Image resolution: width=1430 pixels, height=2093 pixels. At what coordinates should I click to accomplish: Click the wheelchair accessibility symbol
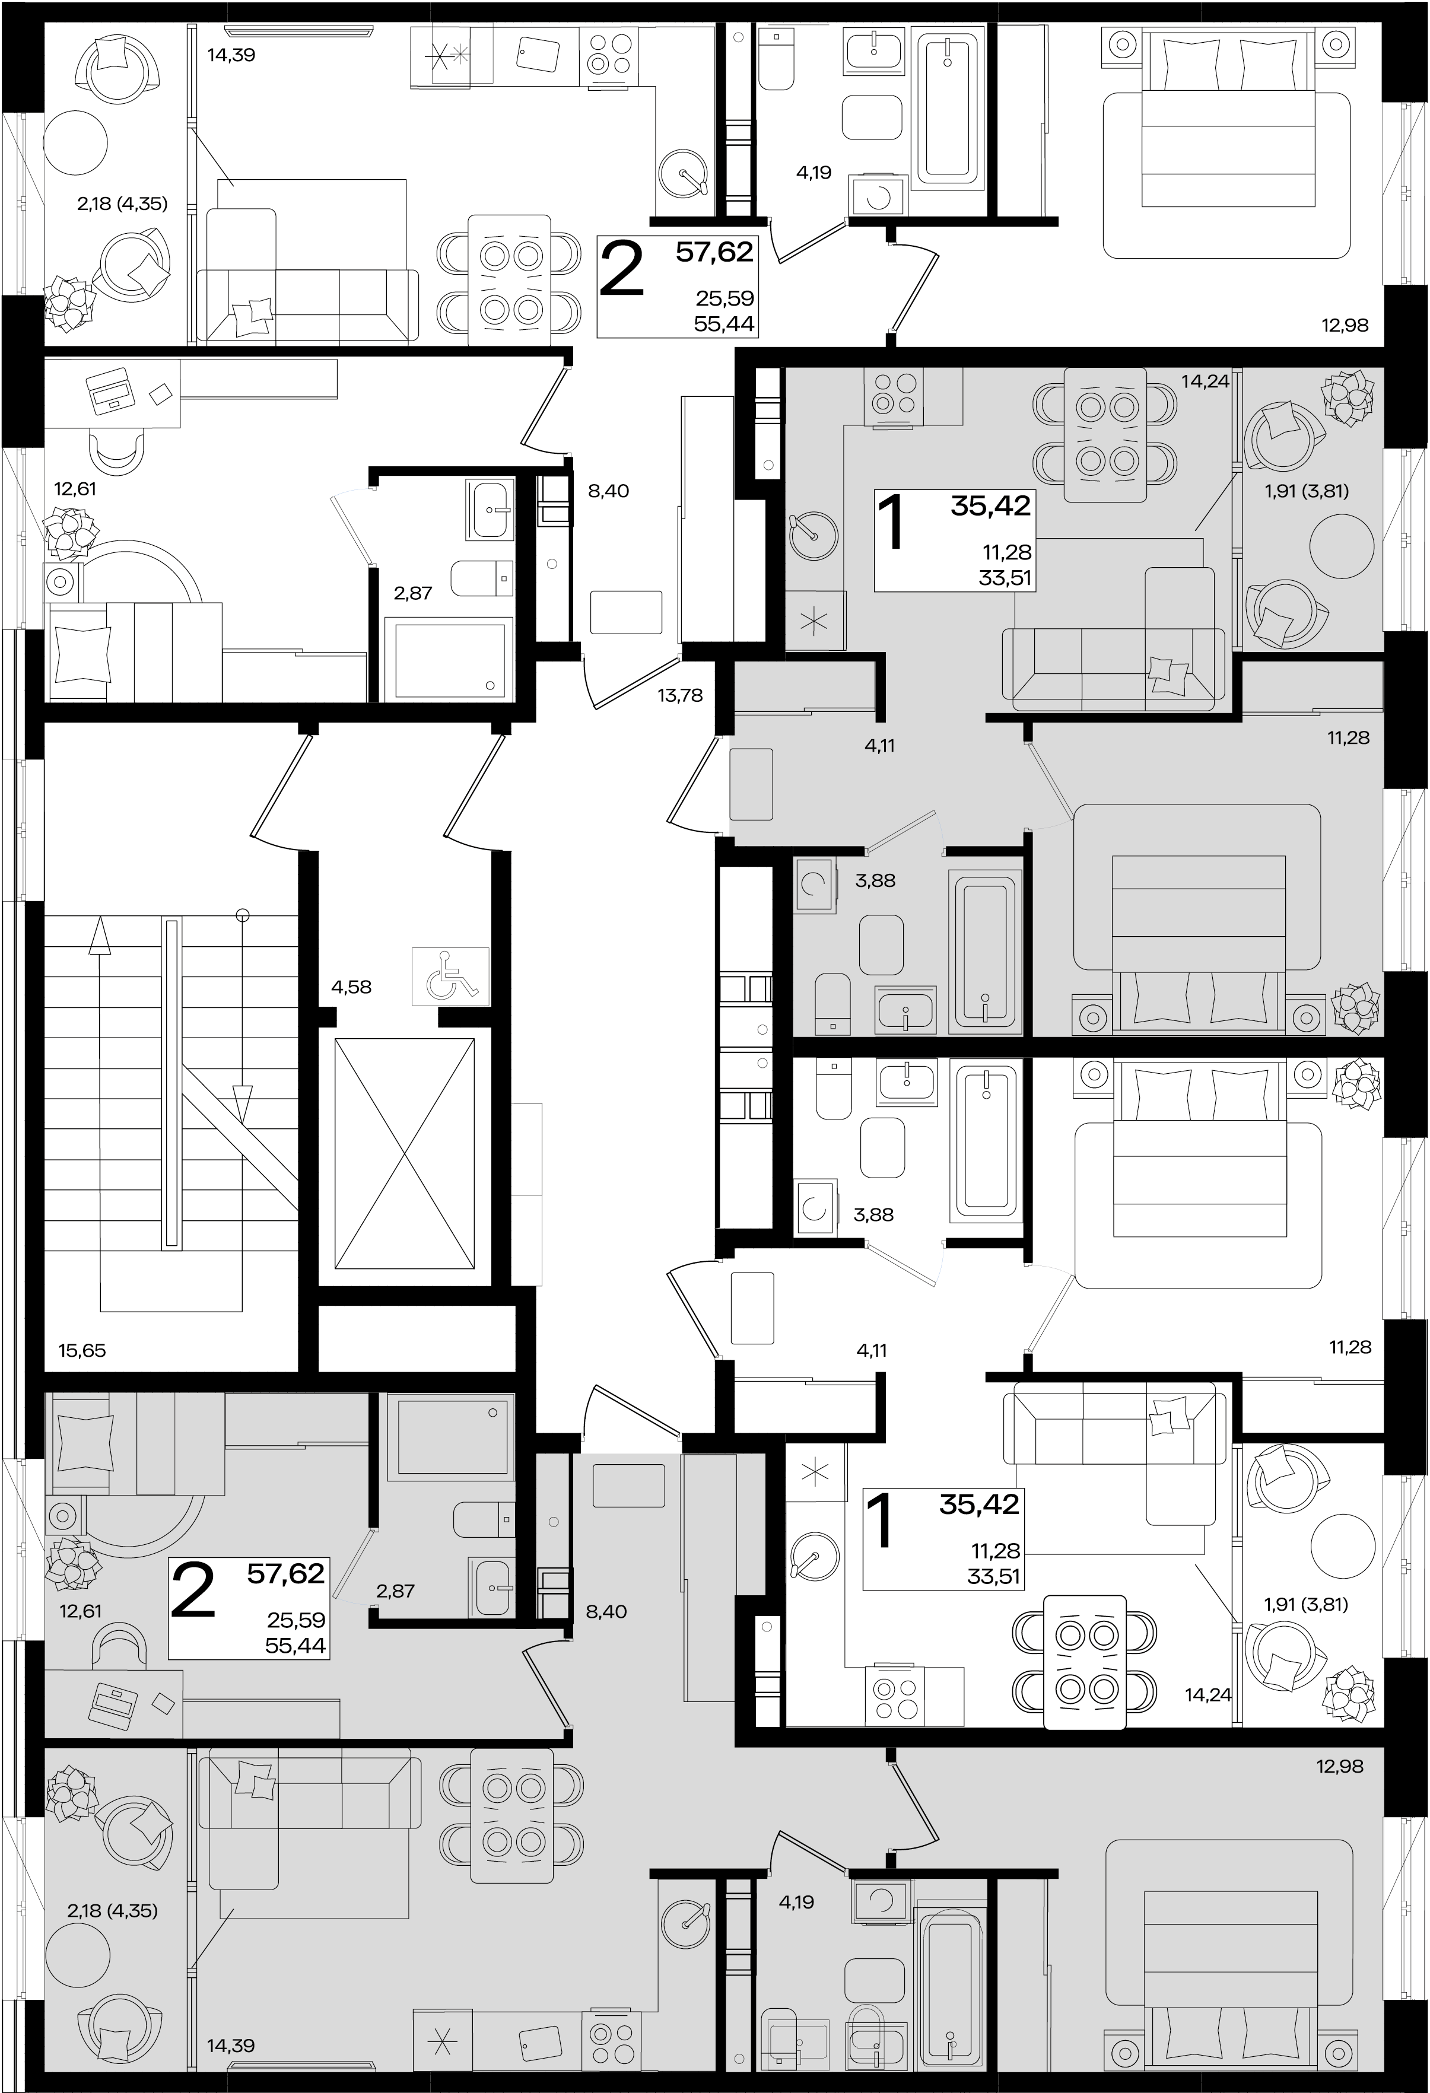tap(450, 975)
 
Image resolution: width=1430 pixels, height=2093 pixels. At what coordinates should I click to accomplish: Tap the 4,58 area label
tap(351, 987)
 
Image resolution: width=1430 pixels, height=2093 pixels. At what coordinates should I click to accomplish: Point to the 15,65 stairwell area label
tap(82, 1350)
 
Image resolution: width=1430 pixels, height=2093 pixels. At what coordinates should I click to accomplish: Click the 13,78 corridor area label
tap(680, 695)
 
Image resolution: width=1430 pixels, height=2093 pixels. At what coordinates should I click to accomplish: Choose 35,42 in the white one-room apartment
tap(979, 1504)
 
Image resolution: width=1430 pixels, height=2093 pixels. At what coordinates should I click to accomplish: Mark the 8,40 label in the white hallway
tap(608, 491)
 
